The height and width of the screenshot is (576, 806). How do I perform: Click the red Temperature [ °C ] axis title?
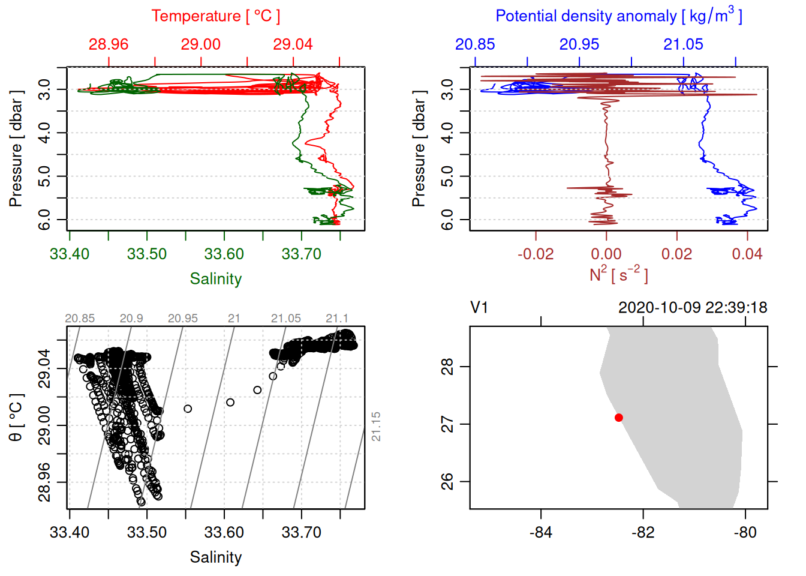click(215, 16)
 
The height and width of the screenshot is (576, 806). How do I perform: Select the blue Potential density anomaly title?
click(618, 16)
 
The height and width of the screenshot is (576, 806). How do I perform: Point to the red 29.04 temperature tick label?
click(293, 44)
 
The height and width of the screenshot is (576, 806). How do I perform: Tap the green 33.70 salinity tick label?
click(301, 254)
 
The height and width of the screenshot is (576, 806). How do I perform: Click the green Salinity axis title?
click(215, 279)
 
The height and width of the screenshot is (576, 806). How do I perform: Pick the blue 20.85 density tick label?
click(475, 44)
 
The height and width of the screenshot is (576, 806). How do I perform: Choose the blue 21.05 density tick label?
click(683, 44)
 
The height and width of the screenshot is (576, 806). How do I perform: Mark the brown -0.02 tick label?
click(536, 254)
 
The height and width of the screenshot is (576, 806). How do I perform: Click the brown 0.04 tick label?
click(747, 254)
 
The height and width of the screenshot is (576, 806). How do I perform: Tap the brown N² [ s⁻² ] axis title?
click(618, 275)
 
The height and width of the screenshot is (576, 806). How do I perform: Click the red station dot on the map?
click(619, 418)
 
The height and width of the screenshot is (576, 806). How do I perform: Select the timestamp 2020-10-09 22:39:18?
click(693, 308)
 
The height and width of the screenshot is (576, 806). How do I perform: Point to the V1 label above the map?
click(479, 308)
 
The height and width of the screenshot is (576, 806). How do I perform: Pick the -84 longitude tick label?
click(540, 532)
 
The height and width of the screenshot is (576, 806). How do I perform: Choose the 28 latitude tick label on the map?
click(447, 366)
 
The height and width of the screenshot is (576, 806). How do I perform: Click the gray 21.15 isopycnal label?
click(376, 427)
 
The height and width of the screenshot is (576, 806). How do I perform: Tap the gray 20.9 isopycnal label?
click(131, 319)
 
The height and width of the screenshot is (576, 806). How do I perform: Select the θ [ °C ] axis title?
click(16, 418)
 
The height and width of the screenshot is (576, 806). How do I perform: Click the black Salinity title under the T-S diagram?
click(215, 557)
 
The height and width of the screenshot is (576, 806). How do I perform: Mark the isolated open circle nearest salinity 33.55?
click(188, 409)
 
